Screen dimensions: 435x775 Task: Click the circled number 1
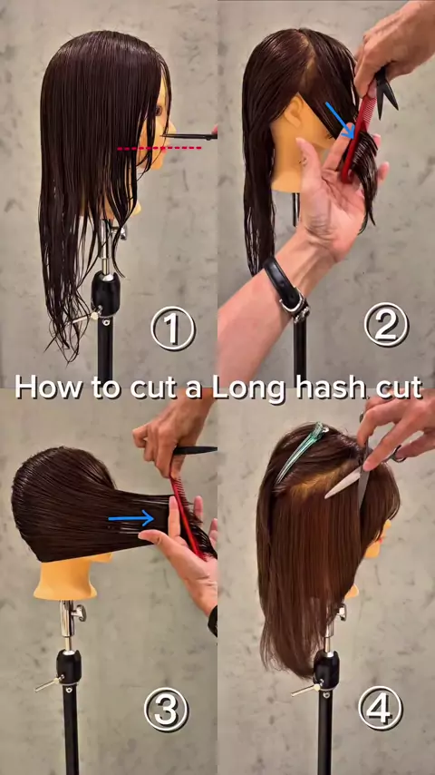(173, 329)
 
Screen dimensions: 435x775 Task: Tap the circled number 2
(386, 324)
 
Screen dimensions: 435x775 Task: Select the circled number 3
(166, 710)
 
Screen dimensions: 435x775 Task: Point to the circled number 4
(381, 708)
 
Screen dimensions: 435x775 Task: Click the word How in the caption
(48, 387)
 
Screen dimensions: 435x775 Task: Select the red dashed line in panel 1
(159, 148)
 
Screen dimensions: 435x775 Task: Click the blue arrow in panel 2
(340, 120)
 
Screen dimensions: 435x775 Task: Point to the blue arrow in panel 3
(130, 518)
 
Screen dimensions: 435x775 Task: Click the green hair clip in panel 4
(301, 451)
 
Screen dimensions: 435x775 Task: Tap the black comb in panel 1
(189, 136)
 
